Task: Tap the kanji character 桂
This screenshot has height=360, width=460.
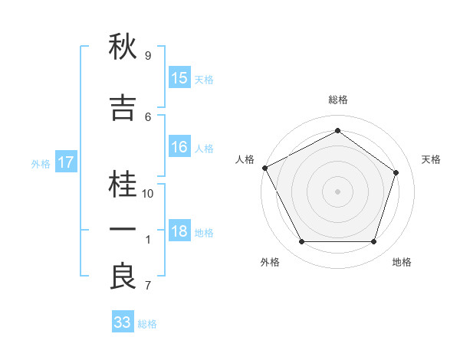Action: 123,185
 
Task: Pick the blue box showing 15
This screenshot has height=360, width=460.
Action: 179,78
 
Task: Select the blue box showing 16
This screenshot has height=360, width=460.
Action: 179,148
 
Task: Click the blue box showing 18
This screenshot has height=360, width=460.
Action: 179,232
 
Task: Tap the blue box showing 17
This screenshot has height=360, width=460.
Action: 65,162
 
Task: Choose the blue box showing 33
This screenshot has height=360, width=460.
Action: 123,322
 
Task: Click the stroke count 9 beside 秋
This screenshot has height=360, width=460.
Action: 148,56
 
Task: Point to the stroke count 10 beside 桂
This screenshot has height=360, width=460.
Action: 149,194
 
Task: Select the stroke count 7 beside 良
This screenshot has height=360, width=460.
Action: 148,286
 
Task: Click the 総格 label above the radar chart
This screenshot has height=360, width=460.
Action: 337,100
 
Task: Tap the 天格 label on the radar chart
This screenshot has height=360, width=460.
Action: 432,159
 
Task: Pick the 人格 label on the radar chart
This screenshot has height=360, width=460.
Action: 245,159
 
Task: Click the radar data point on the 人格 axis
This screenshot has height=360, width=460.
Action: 264,167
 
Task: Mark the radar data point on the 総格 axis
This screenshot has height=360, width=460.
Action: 337,131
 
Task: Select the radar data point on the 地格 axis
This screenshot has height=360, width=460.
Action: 373,241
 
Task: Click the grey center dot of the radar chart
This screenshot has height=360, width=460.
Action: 337,191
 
